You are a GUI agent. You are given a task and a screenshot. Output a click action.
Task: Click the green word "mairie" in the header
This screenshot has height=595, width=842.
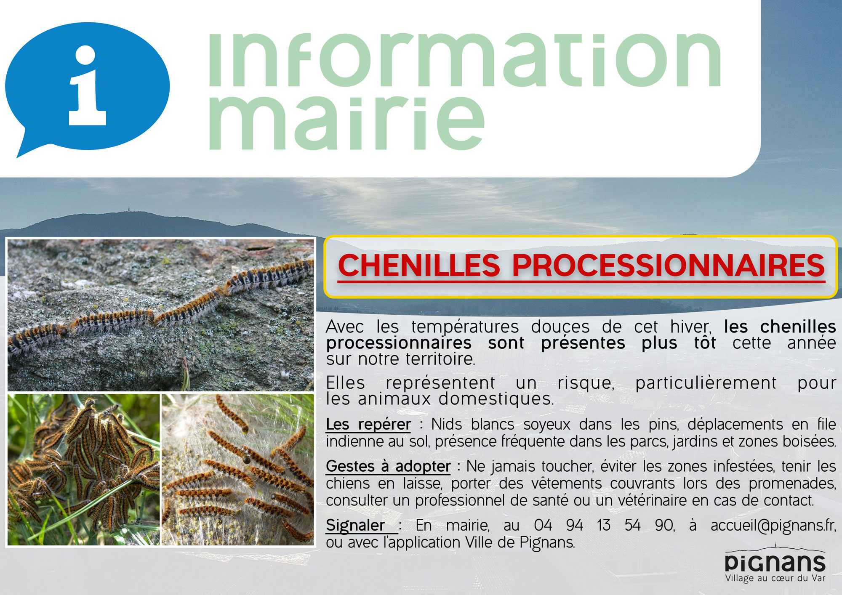pyautogui.click(x=346, y=122)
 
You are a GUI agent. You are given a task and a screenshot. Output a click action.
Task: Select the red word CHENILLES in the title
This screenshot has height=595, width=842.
pyautogui.click(x=419, y=266)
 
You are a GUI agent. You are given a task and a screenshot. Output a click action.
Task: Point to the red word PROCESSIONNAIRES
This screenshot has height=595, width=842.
pyautogui.click(x=668, y=266)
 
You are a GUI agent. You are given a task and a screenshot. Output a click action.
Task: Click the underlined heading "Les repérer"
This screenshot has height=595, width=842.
pyautogui.click(x=368, y=424)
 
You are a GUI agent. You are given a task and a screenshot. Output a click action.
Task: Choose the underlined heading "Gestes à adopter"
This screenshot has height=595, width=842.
pyautogui.click(x=388, y=466)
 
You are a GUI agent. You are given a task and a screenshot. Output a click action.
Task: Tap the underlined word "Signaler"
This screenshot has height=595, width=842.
pyautogui.click(x=356, y=525)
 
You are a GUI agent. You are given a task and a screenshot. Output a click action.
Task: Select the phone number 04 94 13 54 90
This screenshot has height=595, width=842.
pyautogui.click(x=604, y=525)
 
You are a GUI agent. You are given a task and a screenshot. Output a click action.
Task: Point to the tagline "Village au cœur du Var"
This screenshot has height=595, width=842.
pyautogui.click(x=775, y=579)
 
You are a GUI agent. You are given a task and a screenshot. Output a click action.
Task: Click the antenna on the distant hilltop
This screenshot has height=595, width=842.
pyautogui.click(x=128, y=209)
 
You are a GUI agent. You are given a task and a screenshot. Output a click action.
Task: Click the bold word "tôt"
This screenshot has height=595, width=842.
pyautogui.click(x=705, y=343)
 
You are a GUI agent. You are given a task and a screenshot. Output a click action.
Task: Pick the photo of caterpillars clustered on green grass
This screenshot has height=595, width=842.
pyautogui.click(x=84, y=470)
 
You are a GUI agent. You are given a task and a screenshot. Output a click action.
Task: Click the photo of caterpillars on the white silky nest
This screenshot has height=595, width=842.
pyautogui.click(x=238, y=470)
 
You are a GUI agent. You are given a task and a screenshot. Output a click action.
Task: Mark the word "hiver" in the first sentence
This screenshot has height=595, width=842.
pyautogui.click(x=690, y=327)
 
